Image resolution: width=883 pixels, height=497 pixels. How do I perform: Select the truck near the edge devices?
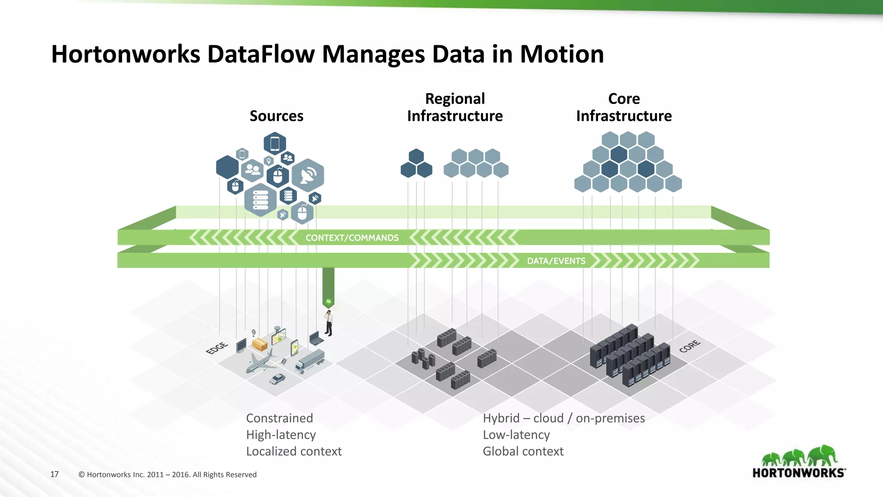[x=310, y=362]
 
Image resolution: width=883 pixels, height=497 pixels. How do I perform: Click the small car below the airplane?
[x=277, y=379]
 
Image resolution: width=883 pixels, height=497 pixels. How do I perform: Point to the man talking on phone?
[x=329, y=323]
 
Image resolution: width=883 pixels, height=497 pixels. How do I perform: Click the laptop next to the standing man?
[x=316, y=338]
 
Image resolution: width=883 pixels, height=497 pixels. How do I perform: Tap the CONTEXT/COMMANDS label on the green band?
[x=352, y=238]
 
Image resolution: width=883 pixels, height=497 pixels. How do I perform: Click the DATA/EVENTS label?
[x=556, y=261]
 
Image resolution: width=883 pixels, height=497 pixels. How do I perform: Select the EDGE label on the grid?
[x=217, y=348]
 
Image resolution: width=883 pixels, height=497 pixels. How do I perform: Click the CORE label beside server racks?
[x=690, y=346]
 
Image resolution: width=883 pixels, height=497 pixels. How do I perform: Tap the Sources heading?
[x=276, y=116]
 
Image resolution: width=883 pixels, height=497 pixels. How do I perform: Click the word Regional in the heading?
[x=455, y=99]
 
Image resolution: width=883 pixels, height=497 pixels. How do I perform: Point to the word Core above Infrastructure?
[x=624, y=99]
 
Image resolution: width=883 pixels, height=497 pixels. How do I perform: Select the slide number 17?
[x=54, y=474]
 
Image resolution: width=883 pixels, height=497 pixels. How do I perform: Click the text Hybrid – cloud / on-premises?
[x=564, y=418]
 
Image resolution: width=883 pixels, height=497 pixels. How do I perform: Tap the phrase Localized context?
[x=294, y=451]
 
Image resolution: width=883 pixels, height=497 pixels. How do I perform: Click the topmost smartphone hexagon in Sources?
[x=275, y=144]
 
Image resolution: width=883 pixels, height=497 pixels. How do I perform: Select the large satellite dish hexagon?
[x=308, y=175]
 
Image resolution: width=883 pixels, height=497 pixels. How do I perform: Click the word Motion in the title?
[x=561, y=54]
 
